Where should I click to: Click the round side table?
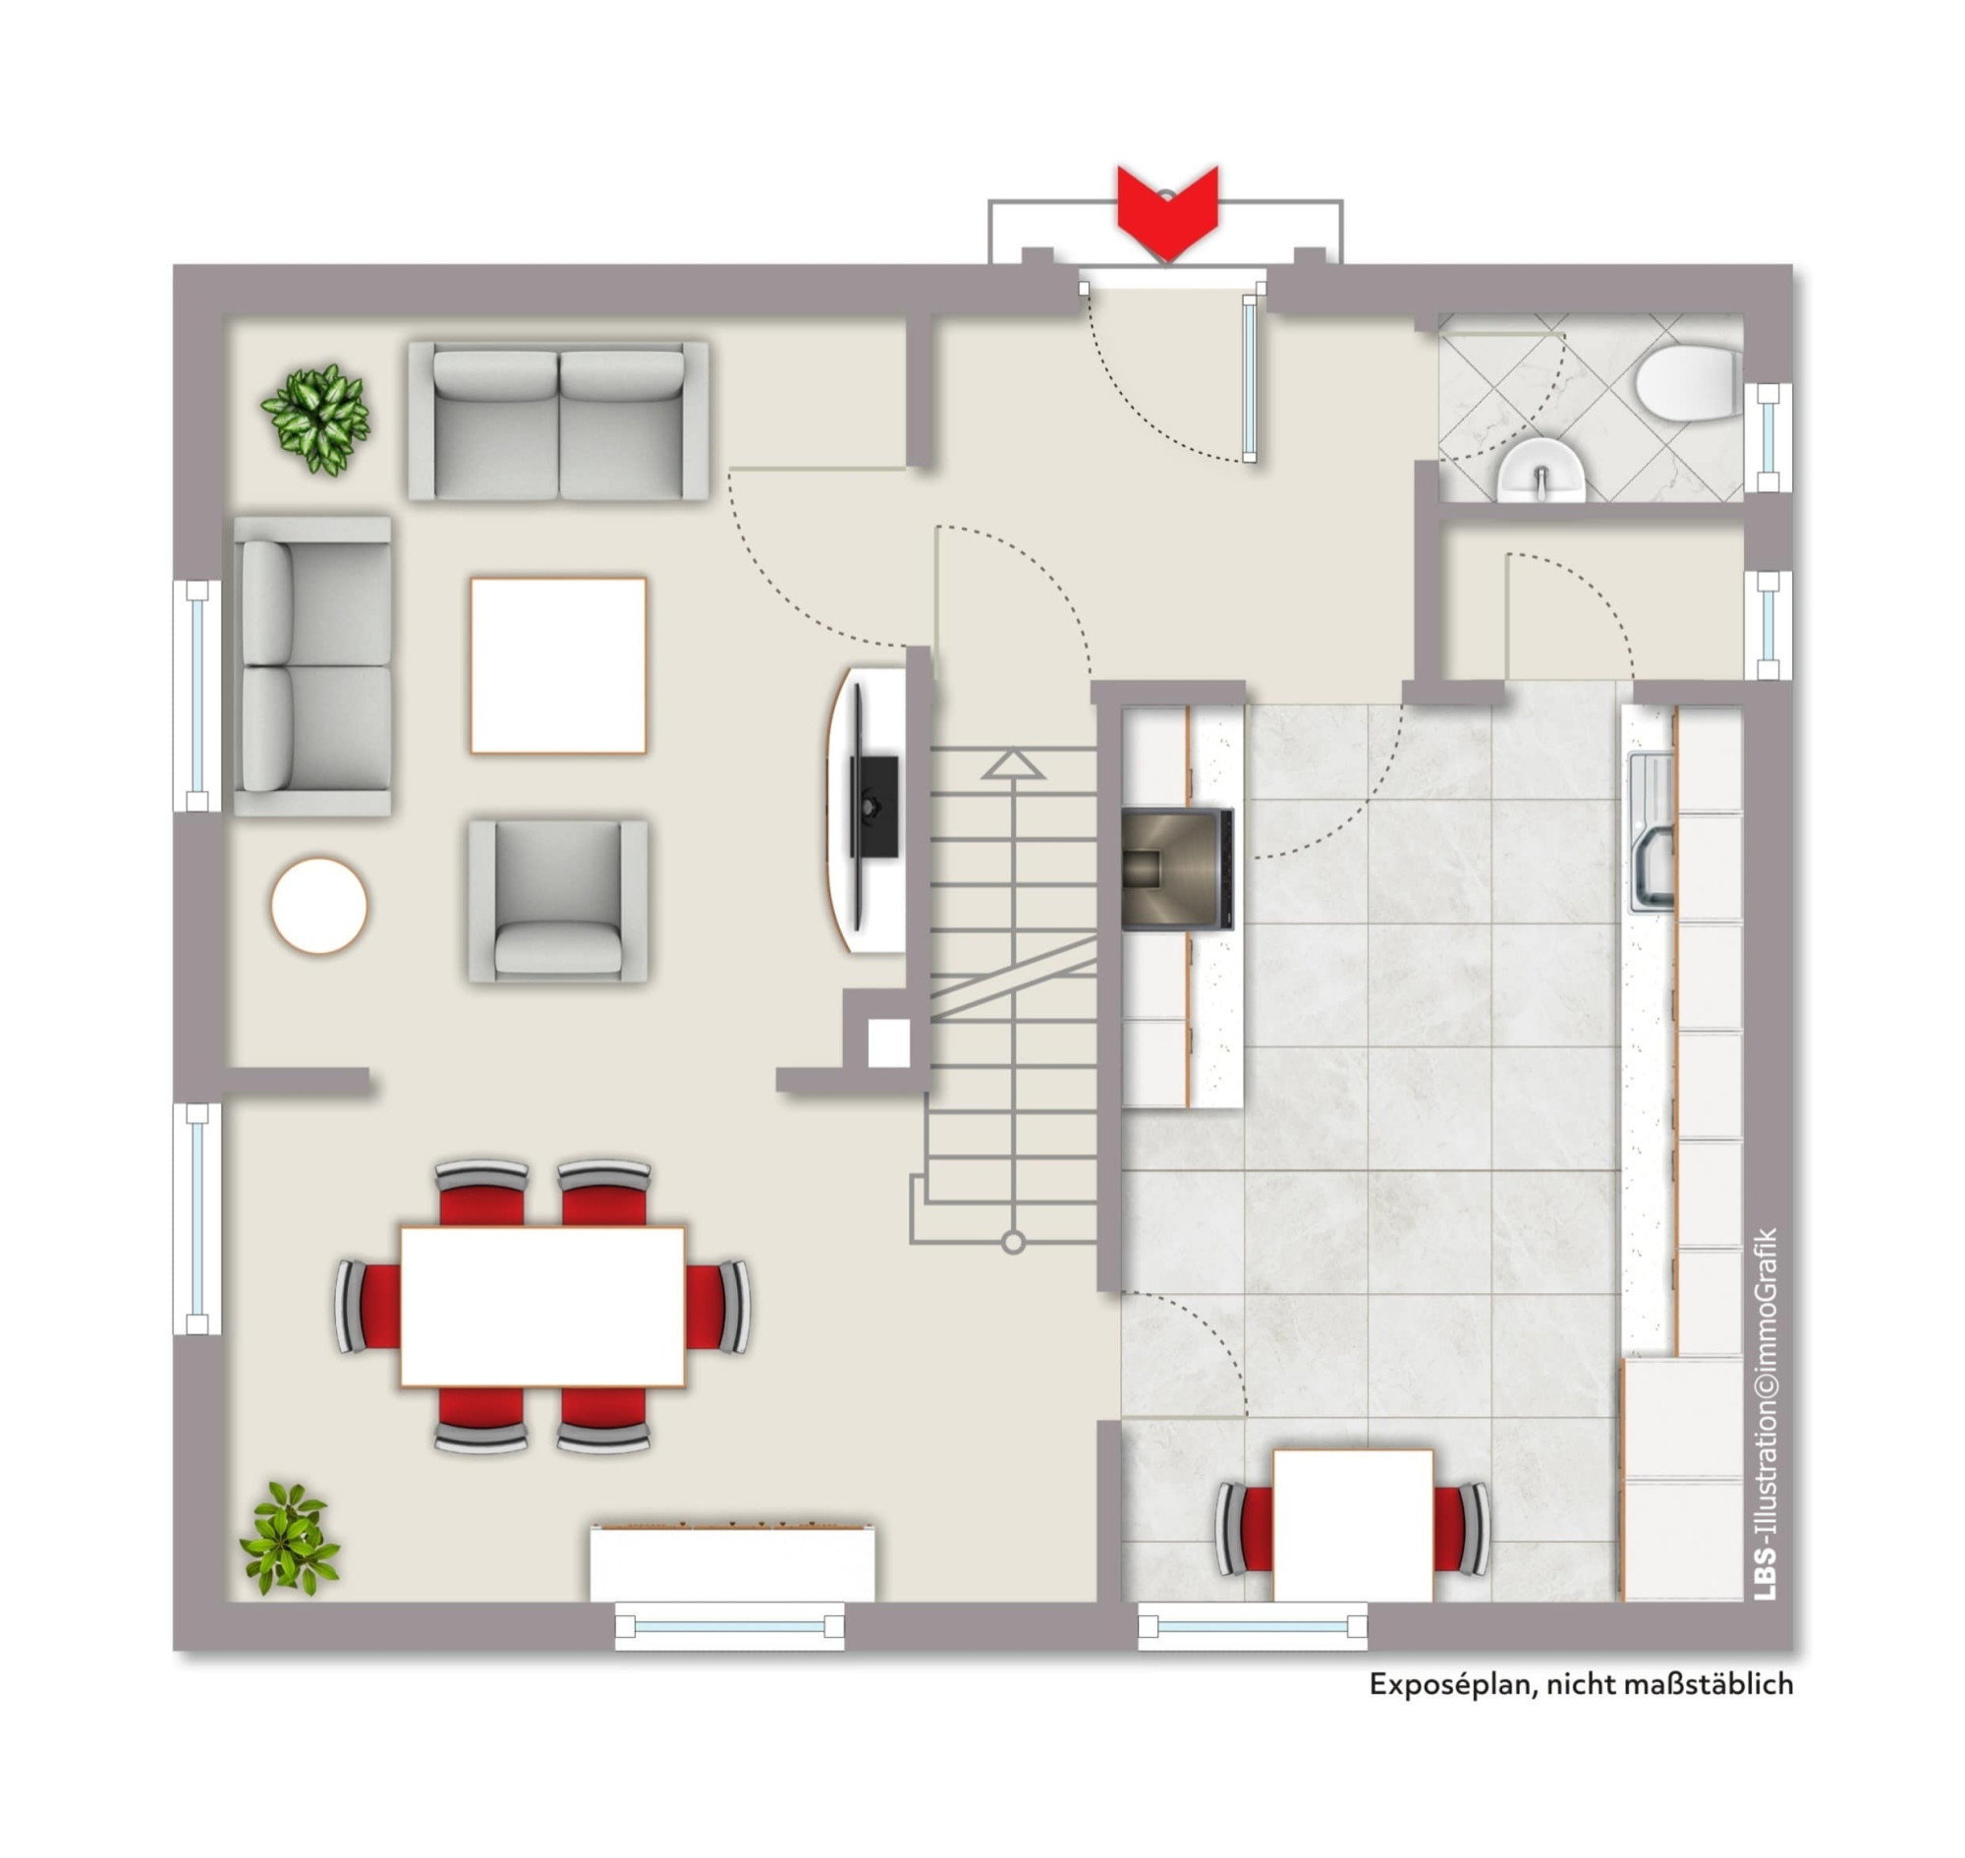pos(319,905)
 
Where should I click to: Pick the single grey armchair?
pos(559,900)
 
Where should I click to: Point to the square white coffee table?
pos(559,665)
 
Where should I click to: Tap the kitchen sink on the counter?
pos(1651,832)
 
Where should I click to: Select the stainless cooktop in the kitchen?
pos(1178,869)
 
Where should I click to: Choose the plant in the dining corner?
pos(290,1539)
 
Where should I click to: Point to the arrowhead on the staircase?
pos(1013,763)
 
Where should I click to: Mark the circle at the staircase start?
pos(1013,1242)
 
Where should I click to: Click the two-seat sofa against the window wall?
pos(313,665)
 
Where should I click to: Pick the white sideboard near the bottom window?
pos(733,1563)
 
